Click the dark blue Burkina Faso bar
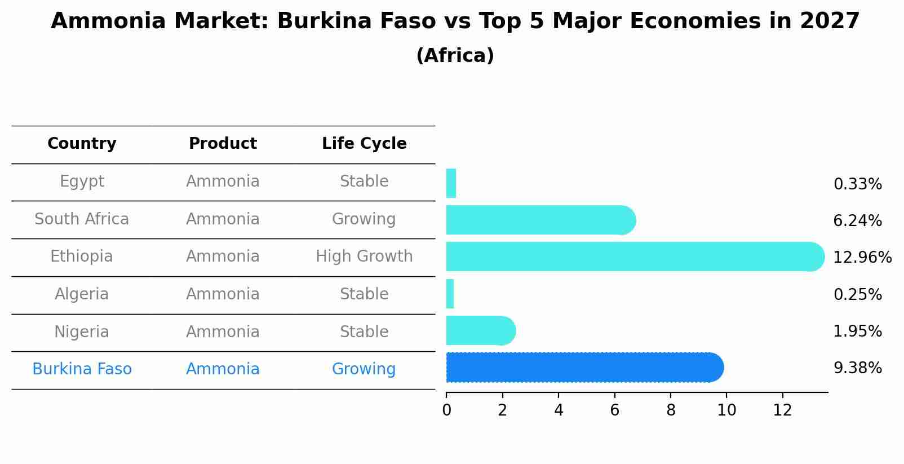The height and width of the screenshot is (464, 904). click(x=584, y=368)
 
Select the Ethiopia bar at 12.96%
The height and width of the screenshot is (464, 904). click(x=635, y=257)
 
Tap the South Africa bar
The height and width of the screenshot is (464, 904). click(x=540, y=220)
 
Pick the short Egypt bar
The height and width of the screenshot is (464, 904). click(x=451, y=183)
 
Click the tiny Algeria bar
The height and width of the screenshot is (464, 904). click(x=450, y=294)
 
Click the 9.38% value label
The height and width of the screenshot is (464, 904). click(x=857, y=368)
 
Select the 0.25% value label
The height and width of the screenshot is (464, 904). click(x=857, y=294)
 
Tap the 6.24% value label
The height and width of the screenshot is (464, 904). click(x=857, y=220)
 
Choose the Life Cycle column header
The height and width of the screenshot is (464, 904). click(x=364, y=144)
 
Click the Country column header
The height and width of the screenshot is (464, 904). click(x=82, y=144)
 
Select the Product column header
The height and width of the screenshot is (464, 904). click(x=223, y=144)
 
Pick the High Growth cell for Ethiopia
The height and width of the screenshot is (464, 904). click(x=364, y=257)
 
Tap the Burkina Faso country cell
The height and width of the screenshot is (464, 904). click(x=82, y=369)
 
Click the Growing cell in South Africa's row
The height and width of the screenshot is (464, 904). click(x=364, y=219)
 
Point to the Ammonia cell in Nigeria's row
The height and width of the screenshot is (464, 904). click(x=223, y=332)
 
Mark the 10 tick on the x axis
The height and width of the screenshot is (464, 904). click(x=726, y=410)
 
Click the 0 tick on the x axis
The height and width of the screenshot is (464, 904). click(x=446, y=410)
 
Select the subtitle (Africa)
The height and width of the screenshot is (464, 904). click(x=455, y=56)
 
